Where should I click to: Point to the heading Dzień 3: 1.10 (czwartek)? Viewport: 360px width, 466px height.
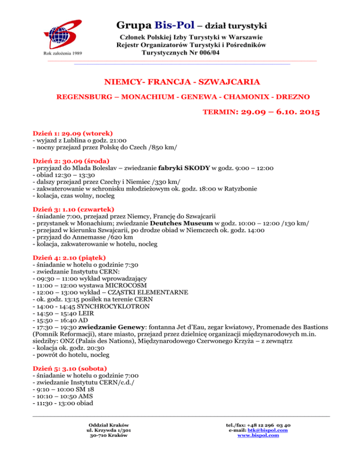(x=74, y=209)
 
